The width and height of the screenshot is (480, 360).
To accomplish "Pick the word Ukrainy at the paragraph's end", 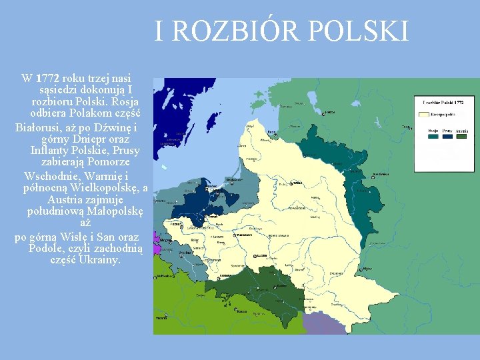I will point(99,259).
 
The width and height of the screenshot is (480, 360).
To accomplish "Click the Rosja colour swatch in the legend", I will point(433,136).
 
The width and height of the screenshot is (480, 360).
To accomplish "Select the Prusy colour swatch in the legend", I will point(447,136).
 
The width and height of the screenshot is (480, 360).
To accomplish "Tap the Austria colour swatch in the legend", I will point(461,136).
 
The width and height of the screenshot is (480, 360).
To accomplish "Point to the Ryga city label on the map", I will point(273,133).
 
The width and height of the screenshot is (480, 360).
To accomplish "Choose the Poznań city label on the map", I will point(177,225).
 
